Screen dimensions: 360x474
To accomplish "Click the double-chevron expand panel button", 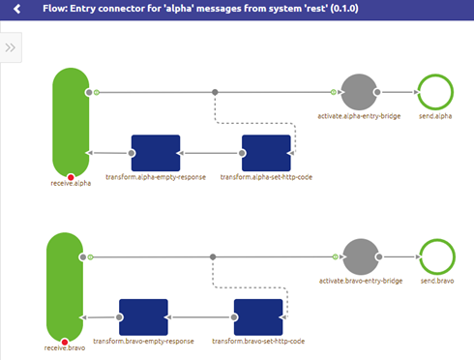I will (11, 47).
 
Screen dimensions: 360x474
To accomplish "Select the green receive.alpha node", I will (71, 121).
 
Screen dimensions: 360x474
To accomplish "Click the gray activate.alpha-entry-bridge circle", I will (360, 93).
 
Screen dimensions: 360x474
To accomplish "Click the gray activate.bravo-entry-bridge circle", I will (360, 256).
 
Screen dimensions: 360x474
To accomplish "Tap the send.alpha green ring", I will (435, 93).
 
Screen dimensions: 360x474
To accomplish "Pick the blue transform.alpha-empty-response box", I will (156, 153).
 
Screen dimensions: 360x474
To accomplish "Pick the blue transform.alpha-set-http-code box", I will (266, 153).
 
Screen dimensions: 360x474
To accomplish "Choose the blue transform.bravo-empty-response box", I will (144, 316).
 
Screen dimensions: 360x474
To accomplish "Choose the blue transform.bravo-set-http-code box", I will (259, 316).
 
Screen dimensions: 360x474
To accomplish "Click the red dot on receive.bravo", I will (65, 342).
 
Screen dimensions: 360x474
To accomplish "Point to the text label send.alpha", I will (435, 117).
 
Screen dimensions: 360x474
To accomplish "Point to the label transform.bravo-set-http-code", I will (259, 342).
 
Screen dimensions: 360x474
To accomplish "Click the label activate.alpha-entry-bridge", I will (360, 117).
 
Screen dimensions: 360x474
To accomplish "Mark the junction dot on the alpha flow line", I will (215, 93).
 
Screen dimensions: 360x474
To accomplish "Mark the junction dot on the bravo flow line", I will (212, 256).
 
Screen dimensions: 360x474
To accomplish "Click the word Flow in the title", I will (55, 10).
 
